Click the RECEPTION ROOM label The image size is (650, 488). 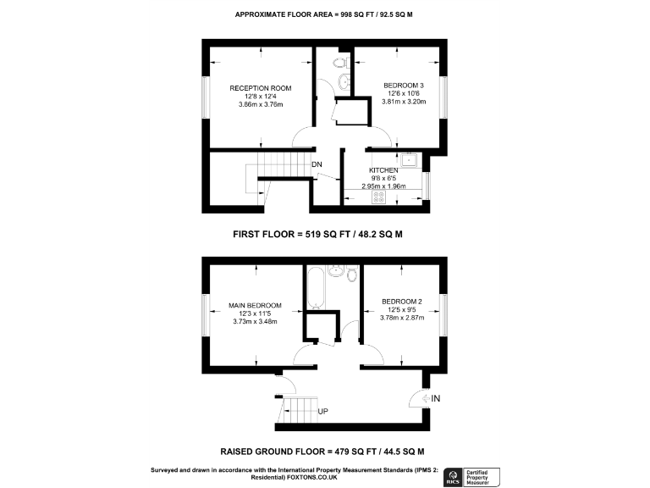(261, 87)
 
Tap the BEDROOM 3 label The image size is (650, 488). (403, 85)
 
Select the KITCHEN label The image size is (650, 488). (383, 170)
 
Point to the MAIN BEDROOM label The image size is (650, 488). (255, 305)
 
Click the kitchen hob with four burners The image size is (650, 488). (379, 197)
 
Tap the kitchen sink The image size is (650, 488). (408, 158)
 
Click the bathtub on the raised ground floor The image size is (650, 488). (316, 289)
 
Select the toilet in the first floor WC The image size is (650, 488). (339, 64)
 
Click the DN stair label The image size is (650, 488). (317, 164)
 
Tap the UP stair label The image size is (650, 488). (322, 412)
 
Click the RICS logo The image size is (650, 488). (454, 478)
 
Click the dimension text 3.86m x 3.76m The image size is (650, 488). (261, 104)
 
